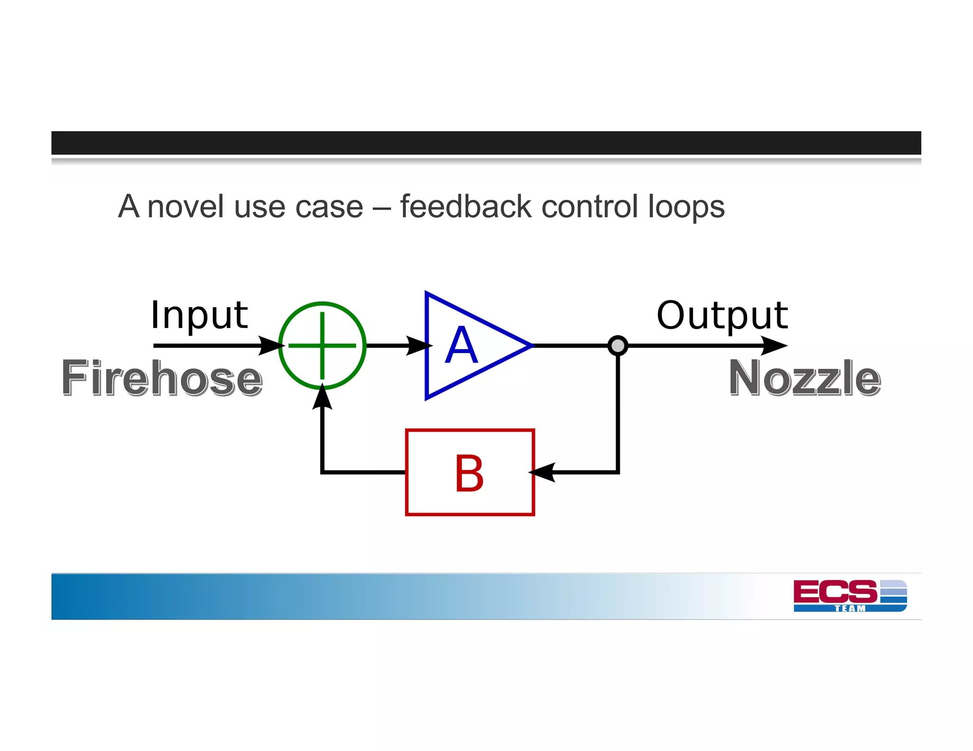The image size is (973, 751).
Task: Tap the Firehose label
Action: click(162, 378)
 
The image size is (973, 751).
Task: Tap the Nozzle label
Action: click(805, 378)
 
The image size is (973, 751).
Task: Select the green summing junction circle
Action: click(322, 346)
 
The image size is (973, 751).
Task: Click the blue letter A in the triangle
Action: click(461, 346)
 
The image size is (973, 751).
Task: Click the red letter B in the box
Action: click(469, 473)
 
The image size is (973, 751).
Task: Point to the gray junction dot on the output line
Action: click(618, 346)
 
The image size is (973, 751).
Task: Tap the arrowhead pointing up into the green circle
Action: click(322, 398)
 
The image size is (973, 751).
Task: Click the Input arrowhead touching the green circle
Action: click(271, 346)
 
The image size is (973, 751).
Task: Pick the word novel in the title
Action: click(185, 207)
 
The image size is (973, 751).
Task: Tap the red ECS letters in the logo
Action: click(835, 591)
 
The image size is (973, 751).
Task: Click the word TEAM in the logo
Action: click(850, 608)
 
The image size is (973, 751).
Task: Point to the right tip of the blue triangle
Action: click(531, 346)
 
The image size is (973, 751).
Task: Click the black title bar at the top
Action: click(486, 143)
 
